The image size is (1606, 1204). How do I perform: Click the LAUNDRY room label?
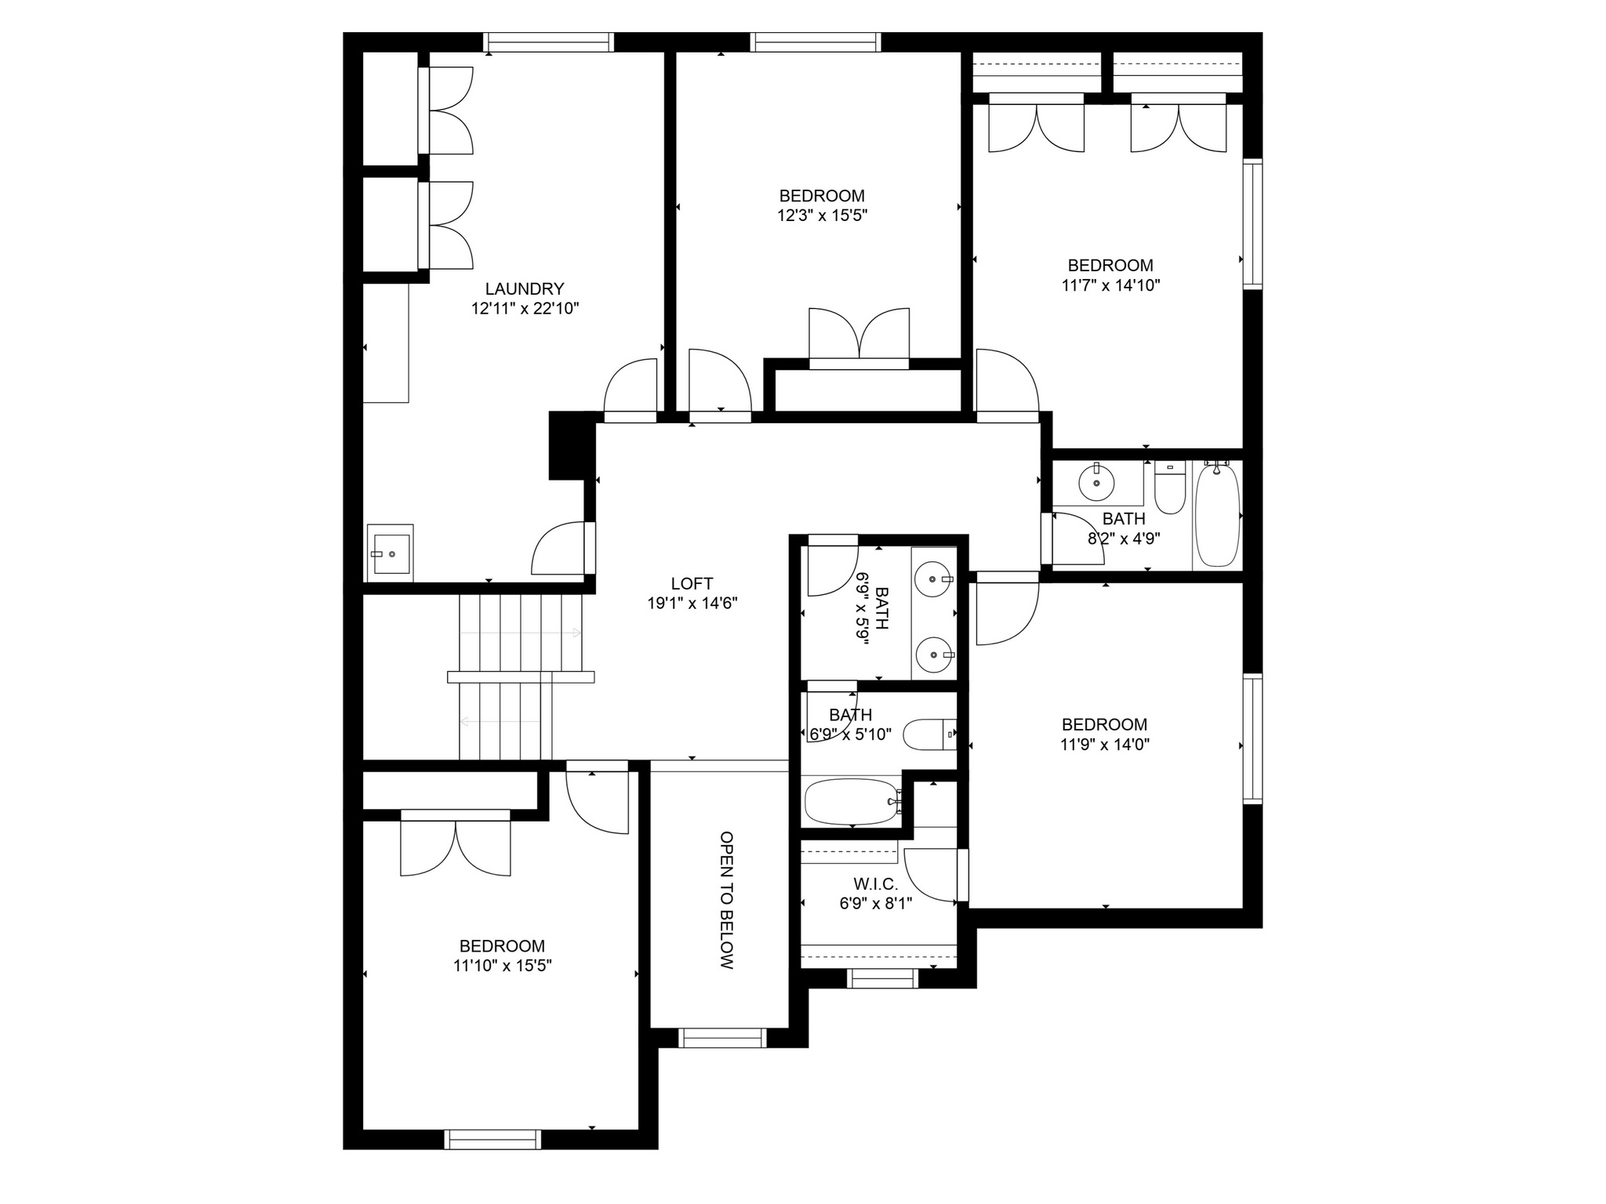pyautogui.click(x=524, y=288)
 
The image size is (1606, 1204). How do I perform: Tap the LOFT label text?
pyautogui.click(x=692, y=583)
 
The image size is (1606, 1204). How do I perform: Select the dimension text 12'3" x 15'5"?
pyautogui.click(x=822, y=216)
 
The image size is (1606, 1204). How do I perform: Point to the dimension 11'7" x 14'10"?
pyautogui.click(x=1110, y=285)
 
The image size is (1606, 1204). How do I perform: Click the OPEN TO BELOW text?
pyautogui.click(x=727, y=901)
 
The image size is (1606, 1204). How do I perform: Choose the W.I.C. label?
pyautogui.click(x=876, y=884)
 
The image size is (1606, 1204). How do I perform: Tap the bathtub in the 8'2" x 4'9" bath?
pyautogui.click(x=1217, y=514)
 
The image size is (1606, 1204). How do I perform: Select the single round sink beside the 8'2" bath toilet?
pyautogui.click(x=1096, y=482)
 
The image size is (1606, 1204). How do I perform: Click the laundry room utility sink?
pyautogui.click(x=391, y=553)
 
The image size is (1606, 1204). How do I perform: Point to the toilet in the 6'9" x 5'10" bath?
pyautogui.click(x=930, y=734)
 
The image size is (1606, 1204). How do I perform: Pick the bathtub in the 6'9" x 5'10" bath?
pyautogui.click(x=853, y=801)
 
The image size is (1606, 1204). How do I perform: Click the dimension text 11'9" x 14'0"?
pyautogui.click(x=1105, y=745)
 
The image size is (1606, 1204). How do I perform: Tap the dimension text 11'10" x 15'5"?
pyautogui.click(x=503, y=966)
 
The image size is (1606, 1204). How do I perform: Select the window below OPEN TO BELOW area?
pyautogui.click(x=721, y=1038)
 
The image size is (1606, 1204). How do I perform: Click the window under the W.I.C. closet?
pyautogui.click(x=883, y=978)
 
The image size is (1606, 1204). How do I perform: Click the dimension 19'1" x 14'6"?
pyautogui.click(x=692, y=604)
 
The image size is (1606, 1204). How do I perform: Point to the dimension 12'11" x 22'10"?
pyautogui.click(x=525, y=309)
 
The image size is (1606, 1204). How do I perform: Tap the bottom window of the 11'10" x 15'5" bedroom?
pyautogui.click(x=492, y=1140)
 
